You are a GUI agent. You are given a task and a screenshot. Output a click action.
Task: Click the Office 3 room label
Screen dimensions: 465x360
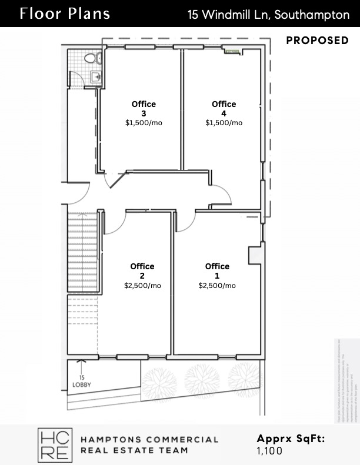click(144, 109)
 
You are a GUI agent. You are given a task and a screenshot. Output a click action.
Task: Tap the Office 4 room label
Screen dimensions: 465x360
click(224, 109)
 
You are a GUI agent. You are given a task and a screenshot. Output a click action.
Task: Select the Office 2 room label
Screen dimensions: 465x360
click(142, 271)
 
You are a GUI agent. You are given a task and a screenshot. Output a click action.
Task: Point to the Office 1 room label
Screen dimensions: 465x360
click(217, 271)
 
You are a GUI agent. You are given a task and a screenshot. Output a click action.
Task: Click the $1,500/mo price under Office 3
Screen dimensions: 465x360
click(144, 123)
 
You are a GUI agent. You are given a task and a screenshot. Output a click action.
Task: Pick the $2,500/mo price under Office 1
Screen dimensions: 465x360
click(217, 286)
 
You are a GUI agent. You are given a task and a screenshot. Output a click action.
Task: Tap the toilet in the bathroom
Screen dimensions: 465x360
click(91, 58)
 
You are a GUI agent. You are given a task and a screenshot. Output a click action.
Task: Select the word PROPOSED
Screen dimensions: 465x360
click(317, 41)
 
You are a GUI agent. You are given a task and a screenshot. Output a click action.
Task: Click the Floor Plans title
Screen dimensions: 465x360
click(64, 14)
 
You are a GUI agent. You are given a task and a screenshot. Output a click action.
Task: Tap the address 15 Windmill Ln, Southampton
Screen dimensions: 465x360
click(268, 15)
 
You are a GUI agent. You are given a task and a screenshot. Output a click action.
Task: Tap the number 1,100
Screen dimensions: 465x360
click(269, 451)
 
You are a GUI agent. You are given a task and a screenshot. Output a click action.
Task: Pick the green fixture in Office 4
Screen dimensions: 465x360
click(234, 52)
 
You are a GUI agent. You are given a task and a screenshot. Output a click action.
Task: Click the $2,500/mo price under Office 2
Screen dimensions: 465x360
click(142, 286)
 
